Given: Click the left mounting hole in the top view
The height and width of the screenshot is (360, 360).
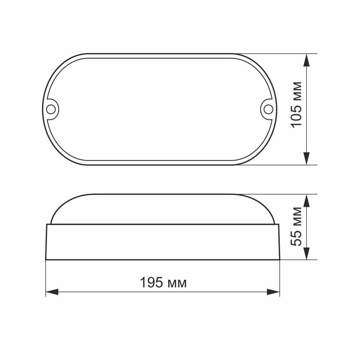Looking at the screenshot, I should [x=52, y=109].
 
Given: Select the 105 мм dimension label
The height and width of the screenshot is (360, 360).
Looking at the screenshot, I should [x=297, y=104].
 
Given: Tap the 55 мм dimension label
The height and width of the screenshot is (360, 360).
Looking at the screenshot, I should [x=297, y=226].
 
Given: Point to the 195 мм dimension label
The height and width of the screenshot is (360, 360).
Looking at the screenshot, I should [x=163, y=283].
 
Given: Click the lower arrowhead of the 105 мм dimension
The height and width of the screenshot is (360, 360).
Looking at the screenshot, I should [x=306, y=158].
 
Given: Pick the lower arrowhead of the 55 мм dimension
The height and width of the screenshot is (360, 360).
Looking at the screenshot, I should [x=306, y=253].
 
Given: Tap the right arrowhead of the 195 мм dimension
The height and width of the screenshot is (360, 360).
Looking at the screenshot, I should [x=273, y=292].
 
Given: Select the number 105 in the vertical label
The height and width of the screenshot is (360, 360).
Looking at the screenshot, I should [x=297, y=115].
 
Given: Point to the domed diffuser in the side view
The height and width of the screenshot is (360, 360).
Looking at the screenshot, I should [x=163, y=209].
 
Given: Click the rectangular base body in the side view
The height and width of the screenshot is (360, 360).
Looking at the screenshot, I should [x=163, y=242].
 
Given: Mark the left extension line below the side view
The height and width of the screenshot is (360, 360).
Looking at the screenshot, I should [x=46, y=279].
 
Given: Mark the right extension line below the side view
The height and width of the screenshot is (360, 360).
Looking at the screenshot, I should [x=279, y=279].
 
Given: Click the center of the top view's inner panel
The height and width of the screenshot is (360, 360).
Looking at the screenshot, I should [x=160, y=109].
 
